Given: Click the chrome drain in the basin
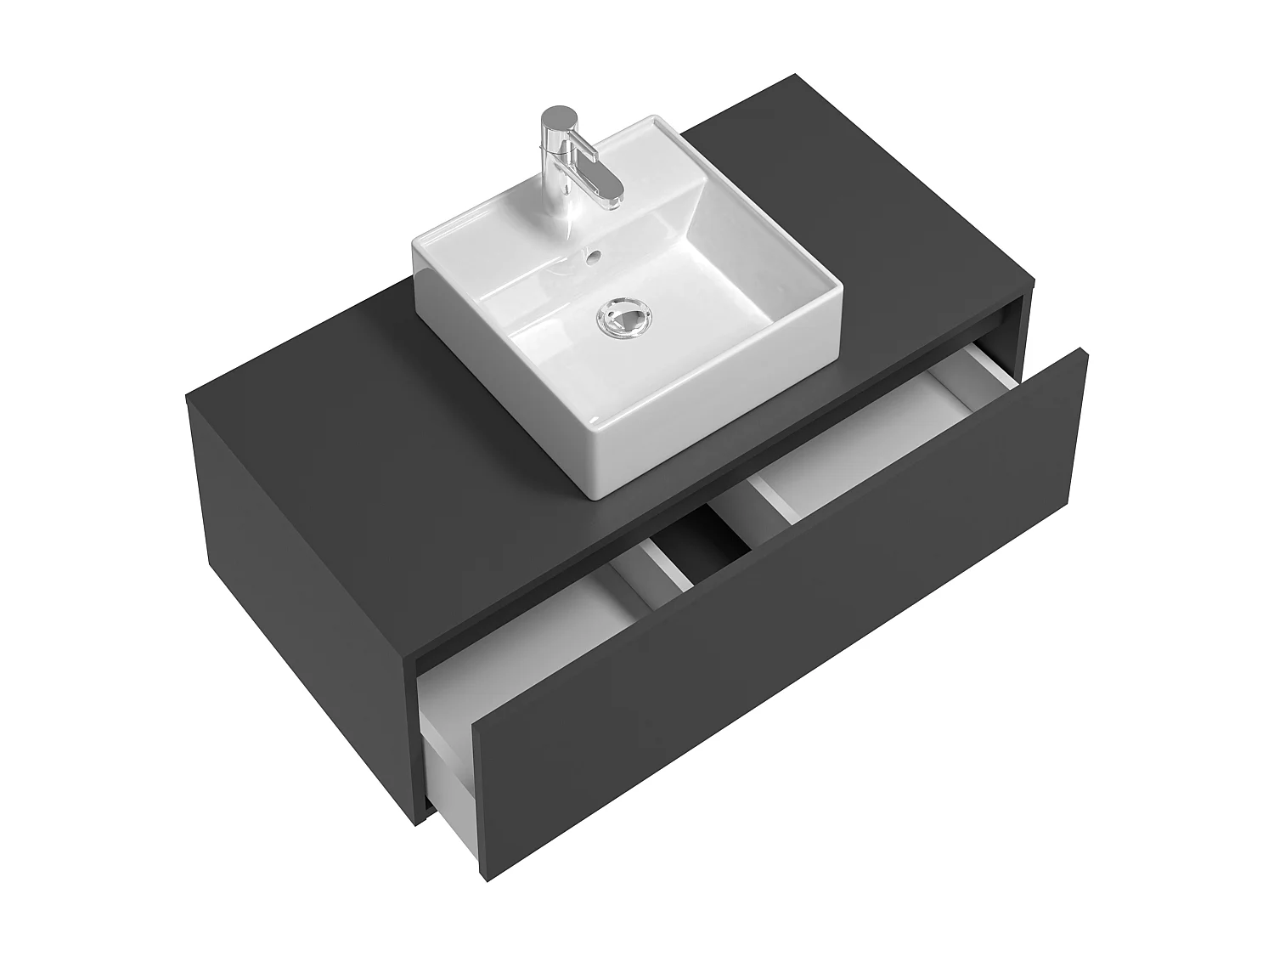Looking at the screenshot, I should coord(628,320).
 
